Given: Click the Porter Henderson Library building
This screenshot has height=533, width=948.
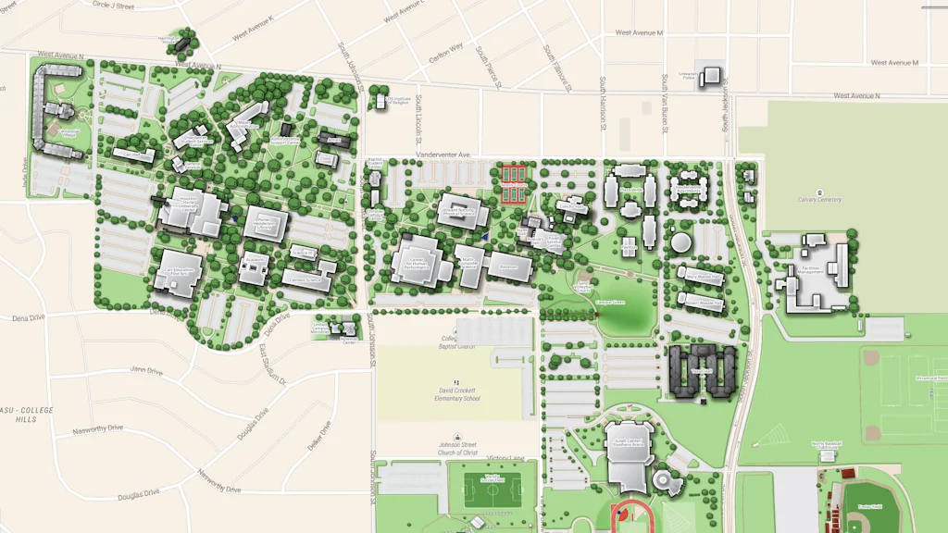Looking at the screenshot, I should pyautogui.click(x=267, y=225).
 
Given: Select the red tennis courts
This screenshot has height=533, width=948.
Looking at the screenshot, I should pyautogui.click(x=513, y=185).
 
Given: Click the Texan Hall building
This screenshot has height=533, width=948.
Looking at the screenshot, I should pyautogui.click(x=702, y=372).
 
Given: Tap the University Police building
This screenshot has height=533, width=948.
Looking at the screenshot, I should pyautogui.click(x=711, y=76).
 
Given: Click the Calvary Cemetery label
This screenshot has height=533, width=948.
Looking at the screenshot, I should pyautogui.click(x=819, y=199).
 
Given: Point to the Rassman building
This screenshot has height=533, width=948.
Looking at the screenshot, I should pyautogui.click(x=510, y=266).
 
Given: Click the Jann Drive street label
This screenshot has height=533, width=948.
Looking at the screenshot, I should pyautogui.click(x=146, y=371).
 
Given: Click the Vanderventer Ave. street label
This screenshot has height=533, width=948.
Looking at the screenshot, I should pyautogui.click(x=443, y=155).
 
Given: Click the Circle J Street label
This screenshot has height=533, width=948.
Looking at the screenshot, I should pyautogui.click(x=114, y=6).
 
